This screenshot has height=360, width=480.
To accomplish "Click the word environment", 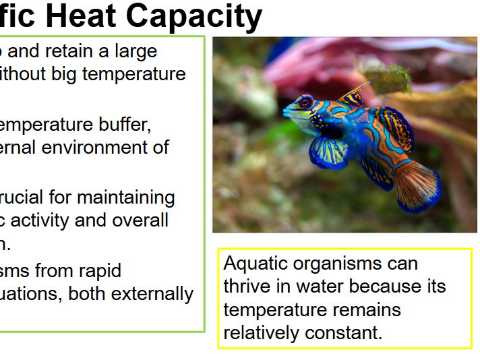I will (x=104, y=147).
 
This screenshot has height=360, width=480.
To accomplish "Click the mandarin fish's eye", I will (x=305, y=103).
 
